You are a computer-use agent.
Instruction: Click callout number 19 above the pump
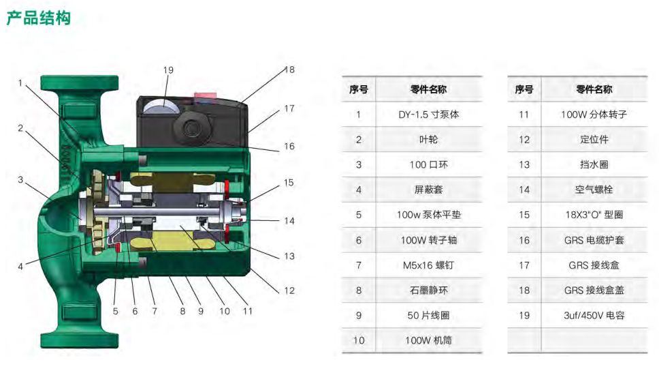click(168, 70)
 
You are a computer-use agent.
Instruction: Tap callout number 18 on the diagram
click(289, 70)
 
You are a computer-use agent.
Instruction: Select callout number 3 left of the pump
click(20, 180)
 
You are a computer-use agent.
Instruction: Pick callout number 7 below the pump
click(155, 311)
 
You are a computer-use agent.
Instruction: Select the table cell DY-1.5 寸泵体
click(428, 115)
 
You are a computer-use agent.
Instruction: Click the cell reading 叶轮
click(428, 140)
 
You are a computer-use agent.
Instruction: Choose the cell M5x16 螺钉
click(428, 265)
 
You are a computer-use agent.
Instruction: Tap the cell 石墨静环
click(428, 290)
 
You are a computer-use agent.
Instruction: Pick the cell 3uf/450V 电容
click(594, 315)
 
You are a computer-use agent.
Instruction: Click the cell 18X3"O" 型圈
click(594, 214)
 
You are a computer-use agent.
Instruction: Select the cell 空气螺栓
click(594, 190)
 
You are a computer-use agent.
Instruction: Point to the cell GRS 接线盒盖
click(594, 290)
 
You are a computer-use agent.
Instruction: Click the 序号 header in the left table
click(359, 89)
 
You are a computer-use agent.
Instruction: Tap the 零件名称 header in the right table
click(594, 89)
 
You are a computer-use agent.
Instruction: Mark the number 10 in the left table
click(359, 340)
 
